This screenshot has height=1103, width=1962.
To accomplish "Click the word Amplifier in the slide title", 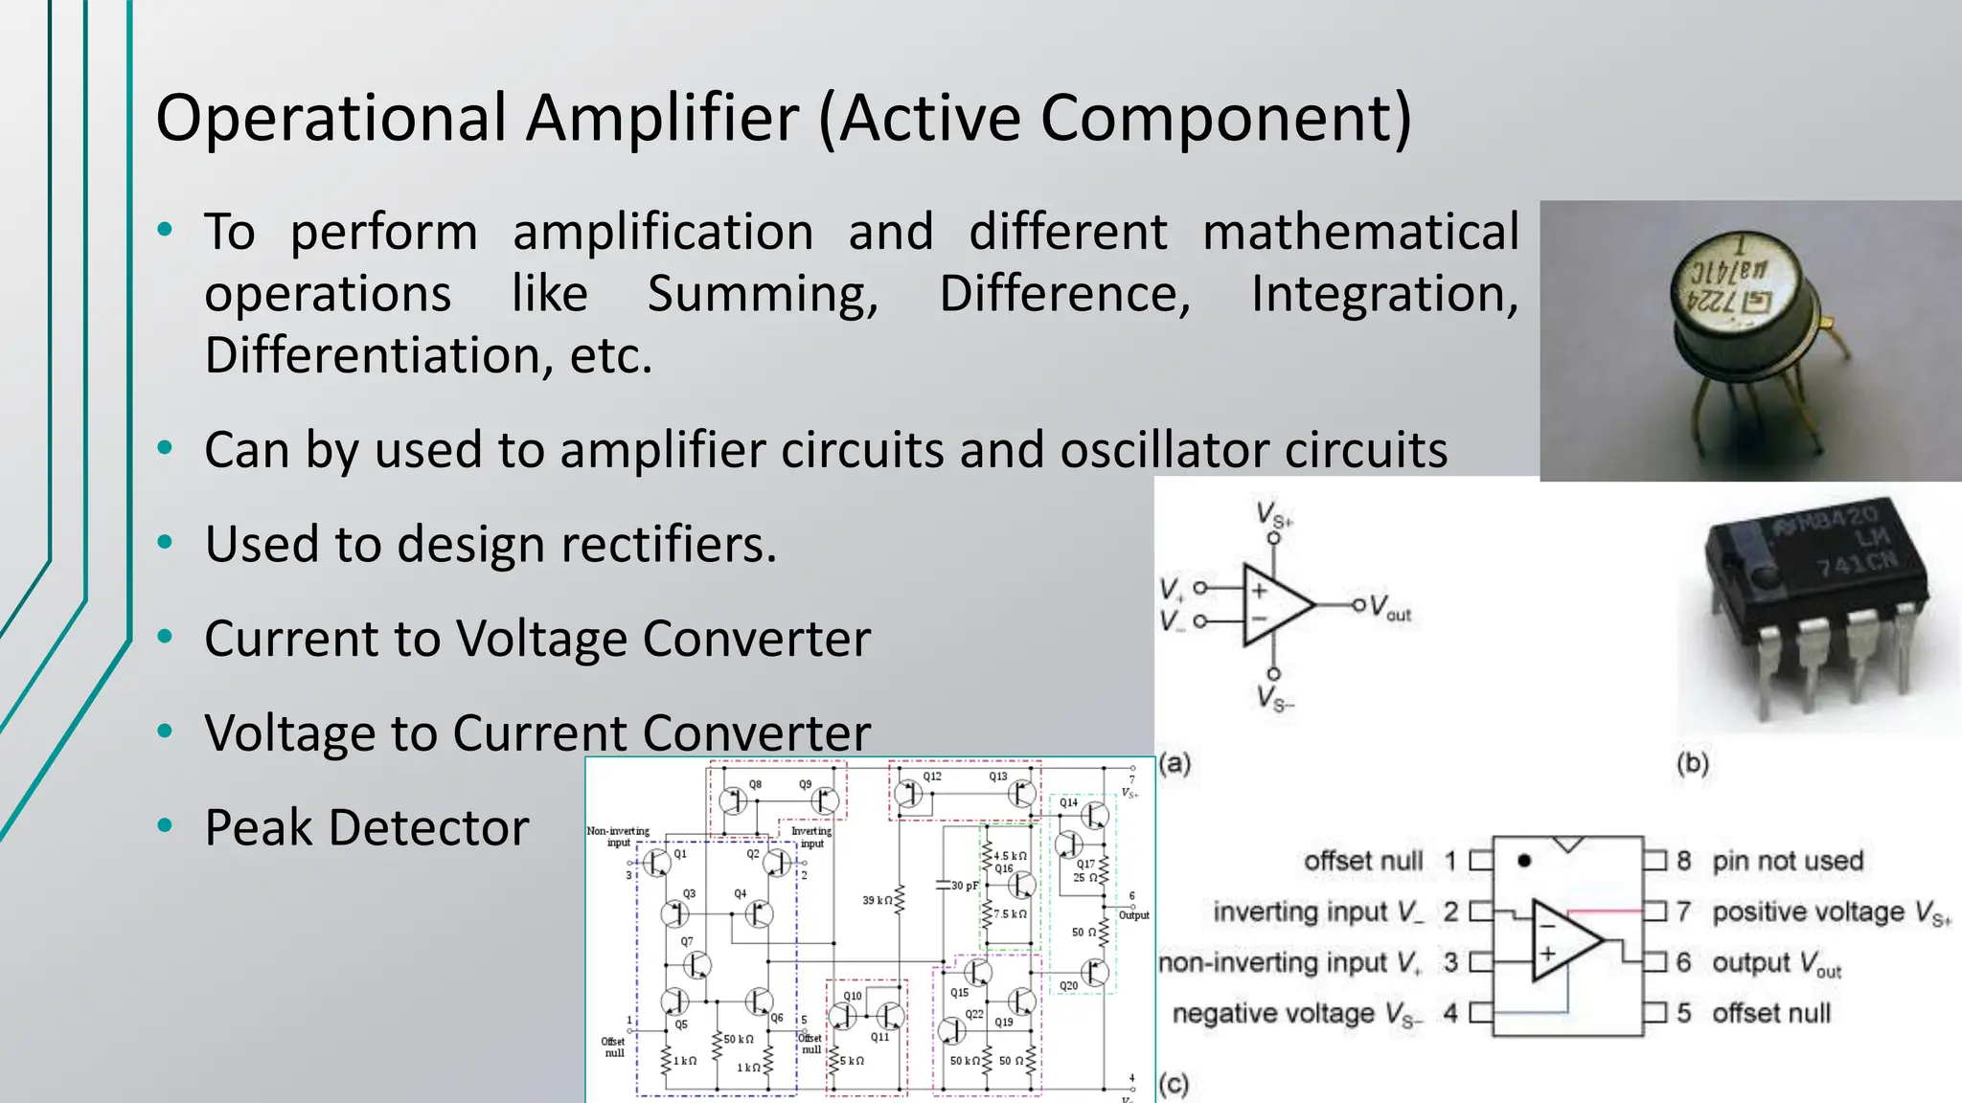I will click(662, 119).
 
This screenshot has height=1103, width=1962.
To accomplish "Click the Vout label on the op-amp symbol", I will click(1390, 607).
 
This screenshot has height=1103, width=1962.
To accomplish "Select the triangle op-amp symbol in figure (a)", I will click(1276, 605).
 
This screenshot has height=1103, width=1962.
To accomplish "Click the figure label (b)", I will click(1692, 763).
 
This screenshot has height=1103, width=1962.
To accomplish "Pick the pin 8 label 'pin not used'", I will click(1788, 861).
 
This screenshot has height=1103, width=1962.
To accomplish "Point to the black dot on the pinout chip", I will click(1524, 861).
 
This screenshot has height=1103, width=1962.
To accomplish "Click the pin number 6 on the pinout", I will click(1683, 962).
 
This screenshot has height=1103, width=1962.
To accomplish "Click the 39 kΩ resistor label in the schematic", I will click(877, 900).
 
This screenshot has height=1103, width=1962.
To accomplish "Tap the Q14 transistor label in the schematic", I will click(1068, 802).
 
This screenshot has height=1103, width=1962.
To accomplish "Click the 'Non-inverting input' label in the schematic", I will click(618, 837).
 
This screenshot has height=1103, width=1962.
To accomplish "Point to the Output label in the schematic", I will click(1133, 915).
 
